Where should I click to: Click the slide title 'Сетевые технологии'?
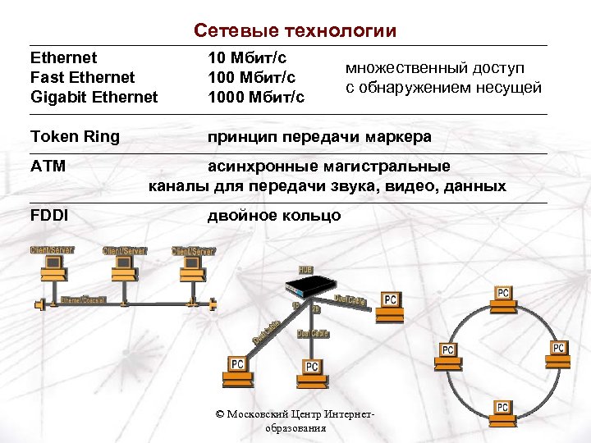tap(295, 31)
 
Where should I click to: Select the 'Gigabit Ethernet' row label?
tap(94, 97)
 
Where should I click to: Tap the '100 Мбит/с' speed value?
tap(251, 77)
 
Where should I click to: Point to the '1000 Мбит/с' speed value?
tap(255, 97)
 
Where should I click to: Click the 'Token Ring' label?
tap(75, 136)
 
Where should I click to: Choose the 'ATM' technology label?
tap(48, 167)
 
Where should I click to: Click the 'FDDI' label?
tap(49, 216)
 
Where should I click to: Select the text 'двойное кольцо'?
tap(273, 216)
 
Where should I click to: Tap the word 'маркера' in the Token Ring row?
tap(397, 136)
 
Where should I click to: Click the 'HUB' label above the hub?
tap(305, 270)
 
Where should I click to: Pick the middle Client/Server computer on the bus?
tap(123, 263)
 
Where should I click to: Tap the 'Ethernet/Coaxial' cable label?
tap(83, 301)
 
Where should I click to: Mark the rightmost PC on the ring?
tap(558, 350)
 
